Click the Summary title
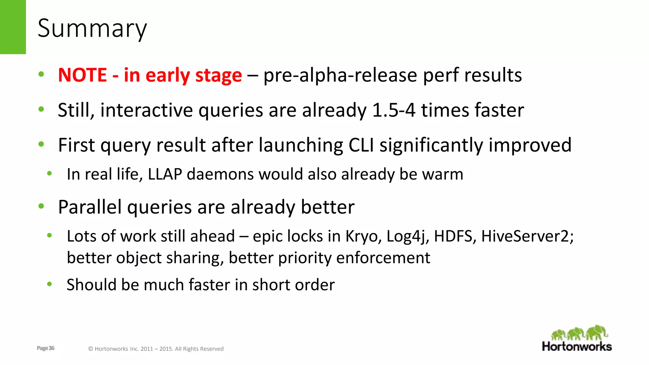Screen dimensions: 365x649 point(92,29)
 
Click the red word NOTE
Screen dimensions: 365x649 point(82,75)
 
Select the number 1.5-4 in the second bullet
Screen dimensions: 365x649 point(394,110)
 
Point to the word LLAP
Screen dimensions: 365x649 point(165,174)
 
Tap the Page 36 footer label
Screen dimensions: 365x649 point(46,348)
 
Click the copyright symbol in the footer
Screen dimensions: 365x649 point(90,349)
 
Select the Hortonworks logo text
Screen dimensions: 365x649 point(577,346)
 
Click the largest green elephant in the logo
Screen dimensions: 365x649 point(596,333)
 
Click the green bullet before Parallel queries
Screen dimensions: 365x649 point(41,206)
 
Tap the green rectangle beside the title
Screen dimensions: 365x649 point(13,27)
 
